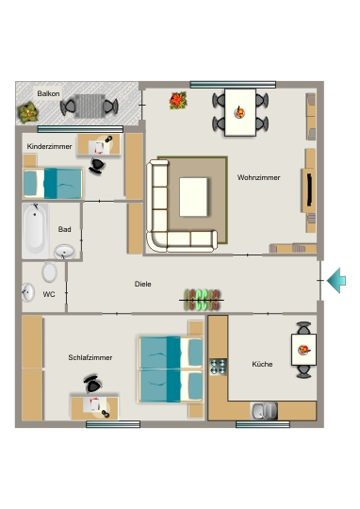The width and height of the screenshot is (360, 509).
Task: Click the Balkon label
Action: [x=48, y=94]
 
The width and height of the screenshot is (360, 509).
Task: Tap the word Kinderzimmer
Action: [x=49, y=146]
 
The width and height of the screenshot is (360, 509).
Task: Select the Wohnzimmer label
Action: [x=258, y=177]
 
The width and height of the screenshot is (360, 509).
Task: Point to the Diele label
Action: [x=143, y=284]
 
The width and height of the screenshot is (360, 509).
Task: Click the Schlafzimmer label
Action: [x=90, y=357]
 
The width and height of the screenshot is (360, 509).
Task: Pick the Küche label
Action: [x=262, y=364]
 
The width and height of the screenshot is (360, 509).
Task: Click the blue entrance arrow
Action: [x=336, y=281]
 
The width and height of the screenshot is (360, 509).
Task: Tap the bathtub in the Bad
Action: [x=35, y=230]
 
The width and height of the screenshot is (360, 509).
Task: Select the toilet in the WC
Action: [x=49, y=271]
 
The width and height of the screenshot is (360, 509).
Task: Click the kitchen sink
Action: [x=264, y=411]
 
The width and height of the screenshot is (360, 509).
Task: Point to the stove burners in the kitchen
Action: [x=218, y=367]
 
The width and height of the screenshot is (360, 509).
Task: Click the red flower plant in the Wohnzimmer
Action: [x=178, y=100]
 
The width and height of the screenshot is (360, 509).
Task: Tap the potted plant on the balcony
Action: [x=28, y=112]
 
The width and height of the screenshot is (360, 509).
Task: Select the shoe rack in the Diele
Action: [x=202, y=300]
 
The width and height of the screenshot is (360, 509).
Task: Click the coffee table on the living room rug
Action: [x=193, y=197]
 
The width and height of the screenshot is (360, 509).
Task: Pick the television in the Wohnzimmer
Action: [x=309, y=189]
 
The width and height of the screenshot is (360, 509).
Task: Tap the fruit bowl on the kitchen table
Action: [x=304, y=350]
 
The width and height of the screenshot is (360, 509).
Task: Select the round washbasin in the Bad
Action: [x=64, y=251]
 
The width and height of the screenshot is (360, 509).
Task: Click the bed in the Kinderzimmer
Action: [x=53, y=183]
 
